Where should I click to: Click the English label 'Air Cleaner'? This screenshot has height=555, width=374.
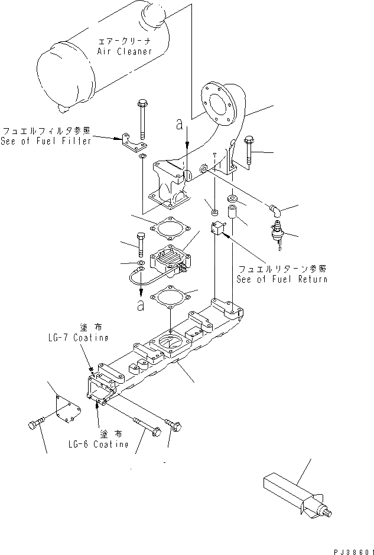pyautogui.click(x=123, y=51)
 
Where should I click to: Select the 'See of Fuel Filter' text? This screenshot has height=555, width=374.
pyautogui.click(x=46, y=141)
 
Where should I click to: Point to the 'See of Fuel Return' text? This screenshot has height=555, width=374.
pyautogui.click(x=281, y=279)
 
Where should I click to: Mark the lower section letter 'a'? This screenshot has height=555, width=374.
pyautogui.click(x=140, y=305)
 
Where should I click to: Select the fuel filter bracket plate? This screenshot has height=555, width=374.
pyautogui.click(x=135, y=145)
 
